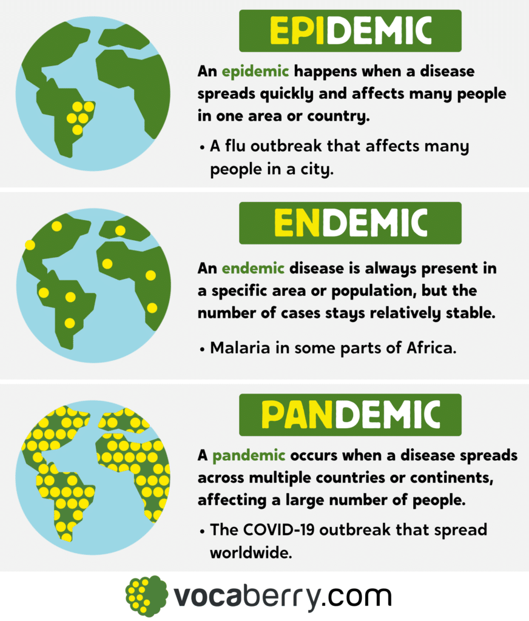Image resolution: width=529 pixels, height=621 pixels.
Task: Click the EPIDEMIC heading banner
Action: [x=350, y=30]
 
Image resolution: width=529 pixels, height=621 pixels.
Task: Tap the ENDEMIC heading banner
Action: [x=350, y=223]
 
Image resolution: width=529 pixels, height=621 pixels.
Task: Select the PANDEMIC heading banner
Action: [x=350, y=415]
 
